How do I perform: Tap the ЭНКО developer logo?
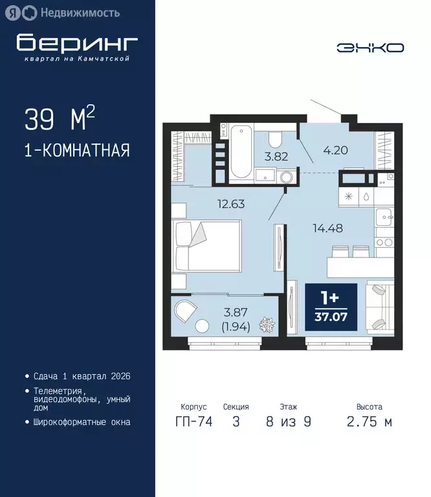[x=370, y=47]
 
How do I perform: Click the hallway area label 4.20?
[x=336, y=151]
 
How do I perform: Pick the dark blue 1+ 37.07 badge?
[x=331, y=307]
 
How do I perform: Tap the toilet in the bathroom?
[x=274, y=139]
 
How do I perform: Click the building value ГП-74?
[x=193, y=422]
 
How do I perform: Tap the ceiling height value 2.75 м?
[x=369, y=422]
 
